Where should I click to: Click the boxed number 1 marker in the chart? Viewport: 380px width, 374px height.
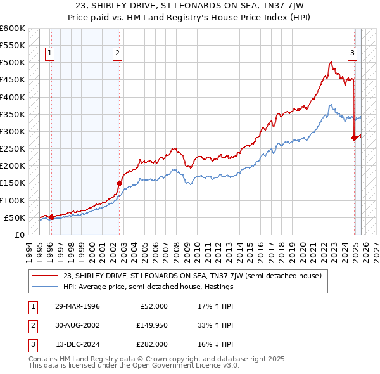(50, 54)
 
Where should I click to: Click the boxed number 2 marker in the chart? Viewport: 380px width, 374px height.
(118, 54)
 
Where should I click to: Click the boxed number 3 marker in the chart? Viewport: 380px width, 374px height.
(351, 54)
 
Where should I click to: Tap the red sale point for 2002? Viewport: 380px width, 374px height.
(119, 183)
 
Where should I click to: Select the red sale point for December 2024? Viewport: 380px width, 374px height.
(354, 138)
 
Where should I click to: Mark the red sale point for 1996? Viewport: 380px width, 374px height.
(51, 217)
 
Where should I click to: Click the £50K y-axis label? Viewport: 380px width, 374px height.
(14, 217)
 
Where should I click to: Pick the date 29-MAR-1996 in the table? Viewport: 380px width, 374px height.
(78, 306)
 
